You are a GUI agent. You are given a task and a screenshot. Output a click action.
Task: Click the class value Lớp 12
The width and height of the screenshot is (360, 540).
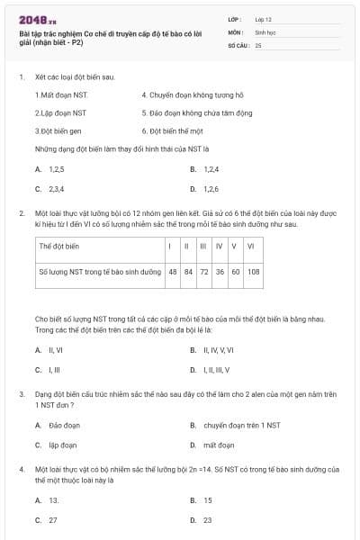pyautogui.click(x=263, y=19)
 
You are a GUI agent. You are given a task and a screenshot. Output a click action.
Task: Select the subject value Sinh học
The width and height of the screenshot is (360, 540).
pyautogui.click(x=264, y=31)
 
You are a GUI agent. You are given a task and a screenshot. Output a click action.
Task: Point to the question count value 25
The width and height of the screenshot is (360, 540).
pyautogui.click(x=259, y=44)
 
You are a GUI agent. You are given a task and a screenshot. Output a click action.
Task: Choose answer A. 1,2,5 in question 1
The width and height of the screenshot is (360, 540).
pyautogui.click(x=51, y=168)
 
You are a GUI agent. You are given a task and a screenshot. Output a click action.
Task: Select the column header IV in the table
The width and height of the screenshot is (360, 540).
pyautogui.click(x=219, y=246)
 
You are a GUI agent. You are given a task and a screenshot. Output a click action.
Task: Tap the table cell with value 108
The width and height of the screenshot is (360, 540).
pyautogui.click(x=253, y=271)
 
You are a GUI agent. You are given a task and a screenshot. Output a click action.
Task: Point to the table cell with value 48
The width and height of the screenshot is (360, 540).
pyautogui.click(x=172, y=271)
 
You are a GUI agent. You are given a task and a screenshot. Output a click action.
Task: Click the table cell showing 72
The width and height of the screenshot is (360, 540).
pyautogui.click(x=203, y=271)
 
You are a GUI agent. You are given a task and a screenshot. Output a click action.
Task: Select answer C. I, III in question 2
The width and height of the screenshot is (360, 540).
pyautogui.click(x=49, y=370)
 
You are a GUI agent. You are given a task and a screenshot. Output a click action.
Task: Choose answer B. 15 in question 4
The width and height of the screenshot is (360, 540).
pyautogui.click(x=203, y=499)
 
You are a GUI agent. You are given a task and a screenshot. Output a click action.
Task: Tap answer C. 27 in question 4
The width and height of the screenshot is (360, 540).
pyautogui.click(x=49, y=519)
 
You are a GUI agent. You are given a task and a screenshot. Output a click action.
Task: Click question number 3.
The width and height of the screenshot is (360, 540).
pyautogui.click(x=22, y=394)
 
